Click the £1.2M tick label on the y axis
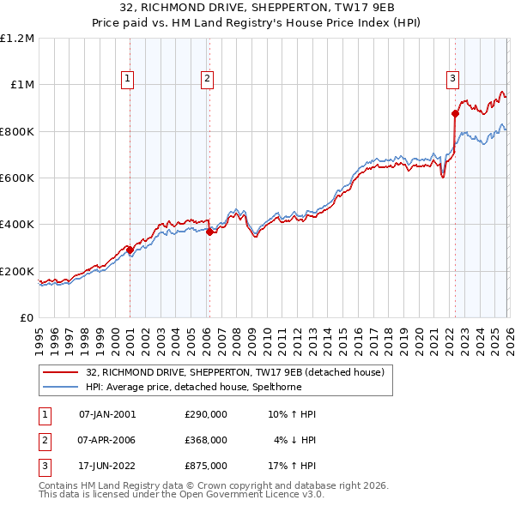[x=17, y=39]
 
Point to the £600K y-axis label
[x=17, y=178]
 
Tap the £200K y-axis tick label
[x=17, y=271]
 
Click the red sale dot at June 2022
[x=454, y=113]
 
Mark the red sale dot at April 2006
[x=210, y=231]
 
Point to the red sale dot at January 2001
[x=130, y=250]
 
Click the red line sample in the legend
[x=61, y=372]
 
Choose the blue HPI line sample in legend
[x=61, y=387]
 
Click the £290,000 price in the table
[x=206, y=414]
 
